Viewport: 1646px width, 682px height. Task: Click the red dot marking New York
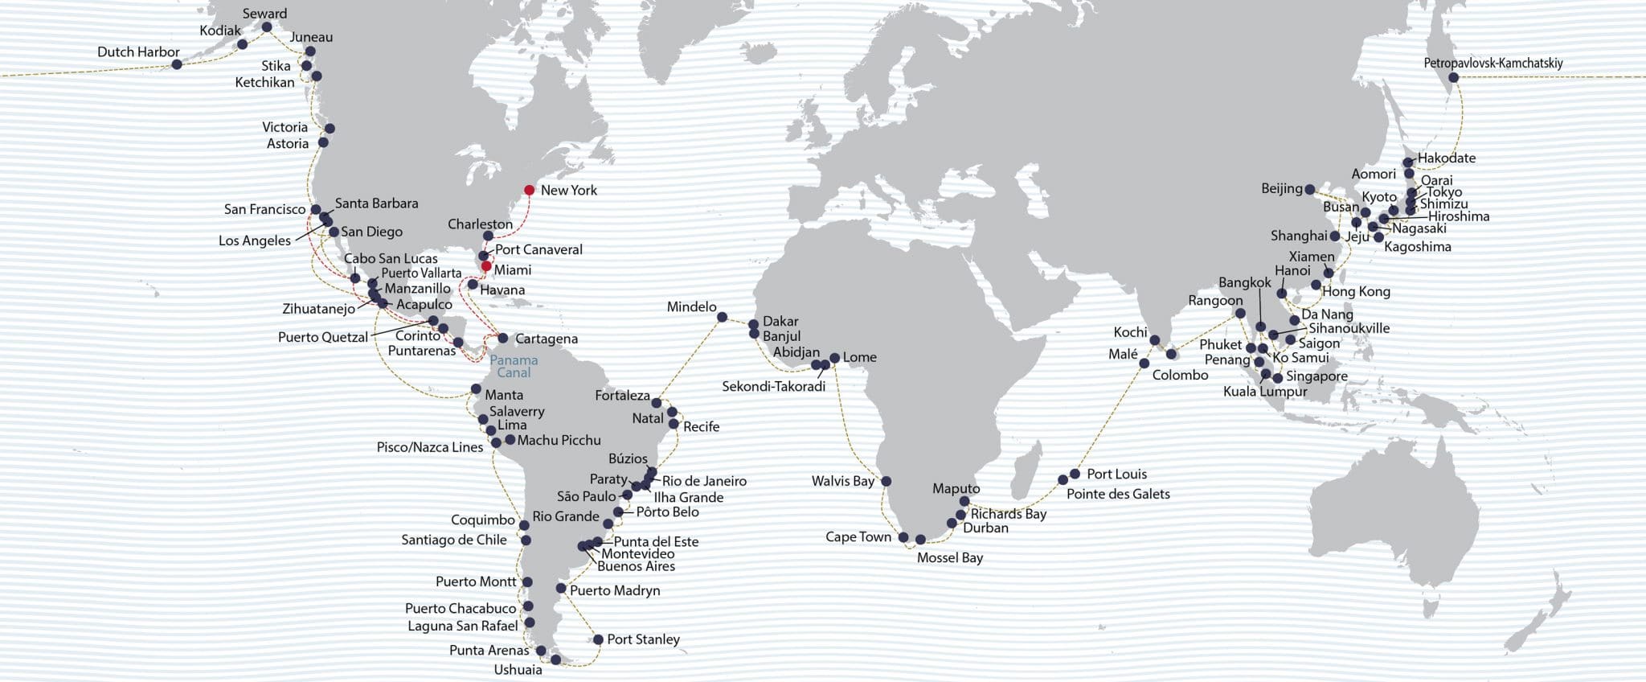(x=529, y=191)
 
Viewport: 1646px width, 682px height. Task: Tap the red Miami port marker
(x=486, y=266)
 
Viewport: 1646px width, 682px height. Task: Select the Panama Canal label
(x=514, y=366)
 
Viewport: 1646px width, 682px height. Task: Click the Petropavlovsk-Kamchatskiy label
(x=1492, y=63)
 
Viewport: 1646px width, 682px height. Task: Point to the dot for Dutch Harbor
(x=177, y=64)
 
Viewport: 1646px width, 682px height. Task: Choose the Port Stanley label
(x=643, y=639)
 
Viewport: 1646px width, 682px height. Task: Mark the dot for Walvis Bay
(x=886, y=481)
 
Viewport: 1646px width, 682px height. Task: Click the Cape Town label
(x=858, y=536)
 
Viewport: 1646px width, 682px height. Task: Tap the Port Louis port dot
(x=1075, y=474)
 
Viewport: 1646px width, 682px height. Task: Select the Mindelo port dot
(x=723, y=317)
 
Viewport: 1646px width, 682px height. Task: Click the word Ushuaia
(x=518, y=669)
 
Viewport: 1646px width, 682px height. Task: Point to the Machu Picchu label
(x=559, y=440)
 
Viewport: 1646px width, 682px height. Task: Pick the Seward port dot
(x=267, y=27)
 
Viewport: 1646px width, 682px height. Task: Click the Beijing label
(x=1281, y=188)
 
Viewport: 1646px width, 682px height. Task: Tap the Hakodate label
(x=1446, y=158)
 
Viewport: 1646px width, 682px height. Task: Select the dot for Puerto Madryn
(x=561, y=588)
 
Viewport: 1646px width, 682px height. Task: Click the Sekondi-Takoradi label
(x=773, y=386)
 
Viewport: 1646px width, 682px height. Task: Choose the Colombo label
(x=1179, y=375)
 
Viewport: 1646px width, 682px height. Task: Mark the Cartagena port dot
(x=503, y=338)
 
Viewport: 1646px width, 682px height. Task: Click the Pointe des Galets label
(x=1117, y=494)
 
